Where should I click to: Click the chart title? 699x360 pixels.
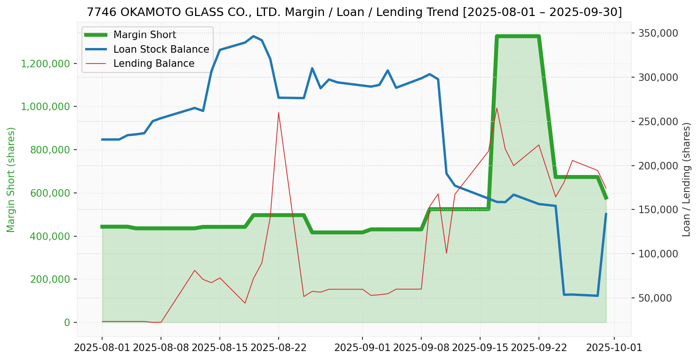[354, 12]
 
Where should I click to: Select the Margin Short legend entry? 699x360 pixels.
[145, 35]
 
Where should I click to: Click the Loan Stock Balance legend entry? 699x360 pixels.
[161, 49]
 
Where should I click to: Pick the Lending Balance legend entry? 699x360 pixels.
[153, 64]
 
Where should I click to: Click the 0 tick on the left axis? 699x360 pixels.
[67, 322]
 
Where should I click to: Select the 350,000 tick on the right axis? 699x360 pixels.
[658, 33]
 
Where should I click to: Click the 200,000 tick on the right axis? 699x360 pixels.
[658, 166]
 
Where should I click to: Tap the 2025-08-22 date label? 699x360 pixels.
[279, 349]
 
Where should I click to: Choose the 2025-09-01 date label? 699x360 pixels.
[362, 349]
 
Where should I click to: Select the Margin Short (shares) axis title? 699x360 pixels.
[11, 180]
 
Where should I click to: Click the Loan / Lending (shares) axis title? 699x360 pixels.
[687, 180]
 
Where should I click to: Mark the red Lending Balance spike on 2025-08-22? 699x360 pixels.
[279, 112]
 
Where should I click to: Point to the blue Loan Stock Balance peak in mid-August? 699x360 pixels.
[253, 36]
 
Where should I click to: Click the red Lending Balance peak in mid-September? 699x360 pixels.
[497, 108]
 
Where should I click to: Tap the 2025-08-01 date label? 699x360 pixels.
[102, 349]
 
